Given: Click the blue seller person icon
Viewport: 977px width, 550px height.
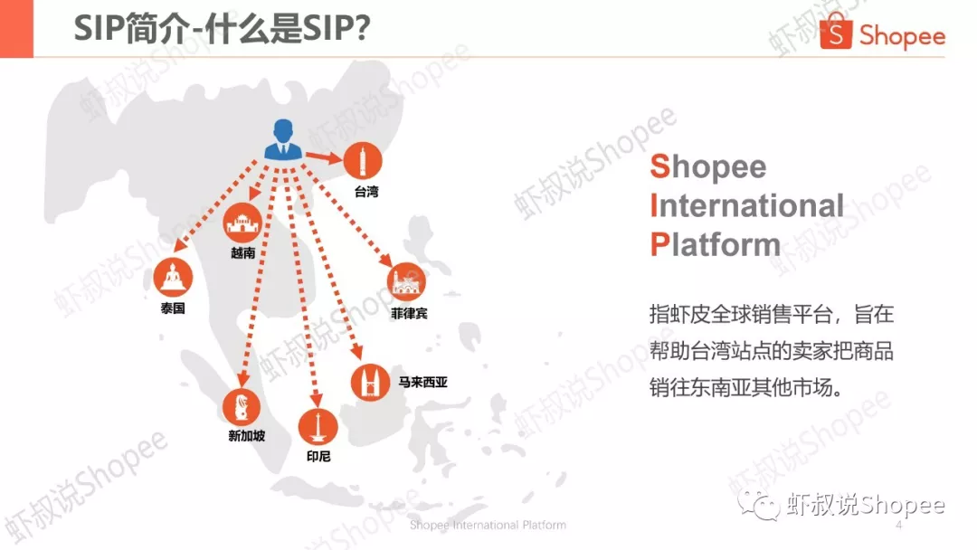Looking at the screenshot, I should (284, 140).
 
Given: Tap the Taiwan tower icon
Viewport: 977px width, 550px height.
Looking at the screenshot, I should (363, 162).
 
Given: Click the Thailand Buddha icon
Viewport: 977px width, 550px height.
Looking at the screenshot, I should (172, 278).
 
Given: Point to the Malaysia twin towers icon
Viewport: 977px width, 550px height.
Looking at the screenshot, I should (370, 381).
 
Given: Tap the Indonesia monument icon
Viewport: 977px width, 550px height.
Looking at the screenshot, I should (318, 425).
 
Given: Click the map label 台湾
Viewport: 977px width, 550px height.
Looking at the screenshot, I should (365, 192).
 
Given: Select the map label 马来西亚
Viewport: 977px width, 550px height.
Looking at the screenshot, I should (422, 383).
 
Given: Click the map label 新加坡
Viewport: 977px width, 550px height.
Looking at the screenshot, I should (246, 436).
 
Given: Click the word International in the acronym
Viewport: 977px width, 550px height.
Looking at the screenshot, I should (746, 205).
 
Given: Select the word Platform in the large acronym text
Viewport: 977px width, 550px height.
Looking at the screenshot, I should (715, 244).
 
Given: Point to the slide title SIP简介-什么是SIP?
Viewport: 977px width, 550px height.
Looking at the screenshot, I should (221, 29).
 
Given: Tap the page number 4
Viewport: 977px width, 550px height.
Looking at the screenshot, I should (898, 526).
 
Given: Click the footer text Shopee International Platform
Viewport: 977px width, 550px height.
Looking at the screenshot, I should (488, 526).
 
